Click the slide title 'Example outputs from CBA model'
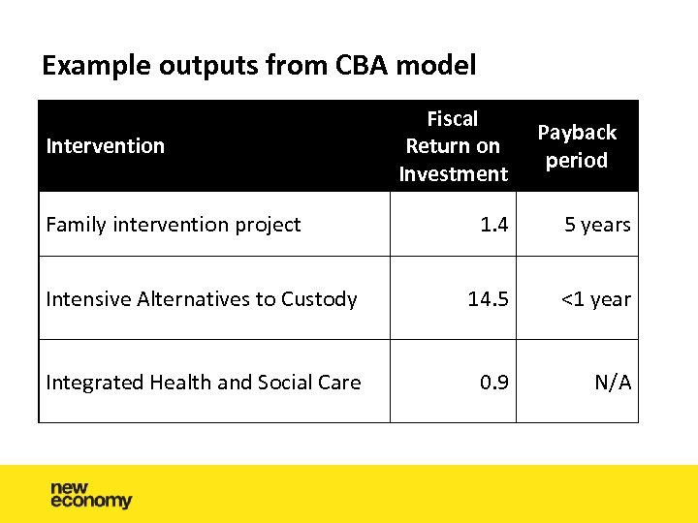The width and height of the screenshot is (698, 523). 259,66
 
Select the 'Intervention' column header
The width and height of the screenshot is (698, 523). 106,146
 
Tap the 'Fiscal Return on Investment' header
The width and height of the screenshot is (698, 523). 453,146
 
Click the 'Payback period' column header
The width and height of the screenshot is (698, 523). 577,146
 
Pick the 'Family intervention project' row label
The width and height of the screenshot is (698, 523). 174,225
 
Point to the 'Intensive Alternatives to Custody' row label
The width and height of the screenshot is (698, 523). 202,299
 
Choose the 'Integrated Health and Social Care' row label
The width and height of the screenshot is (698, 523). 204,383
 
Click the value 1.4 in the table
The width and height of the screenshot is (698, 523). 493,225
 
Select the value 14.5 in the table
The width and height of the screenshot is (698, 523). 488,299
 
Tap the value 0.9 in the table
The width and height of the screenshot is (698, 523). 493,383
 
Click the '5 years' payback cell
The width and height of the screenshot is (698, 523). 597,225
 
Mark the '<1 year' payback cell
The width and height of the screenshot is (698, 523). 594,299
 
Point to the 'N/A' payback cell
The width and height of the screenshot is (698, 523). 613,383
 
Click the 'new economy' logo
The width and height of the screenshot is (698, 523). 90,494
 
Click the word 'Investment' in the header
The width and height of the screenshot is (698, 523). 453,174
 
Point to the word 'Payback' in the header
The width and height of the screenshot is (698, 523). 577,133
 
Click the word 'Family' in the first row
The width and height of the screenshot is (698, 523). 77,225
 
